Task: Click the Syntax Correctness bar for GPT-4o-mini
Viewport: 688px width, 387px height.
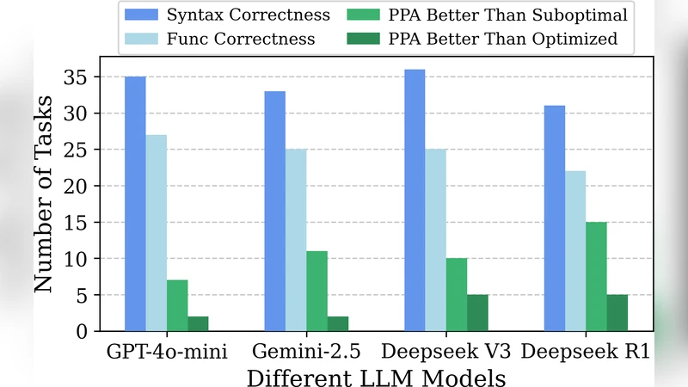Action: click(x=135, y=204)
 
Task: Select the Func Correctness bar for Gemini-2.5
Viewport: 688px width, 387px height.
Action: click(x=295, y=240)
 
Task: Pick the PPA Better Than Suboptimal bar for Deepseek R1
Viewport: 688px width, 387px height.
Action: click(x=596, y=276)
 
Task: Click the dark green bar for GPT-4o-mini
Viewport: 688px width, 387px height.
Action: click(x=198, y=323)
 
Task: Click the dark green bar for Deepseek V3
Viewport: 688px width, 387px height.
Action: click(x=477, y=313)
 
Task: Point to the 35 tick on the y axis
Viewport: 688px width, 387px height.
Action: click(x=78, y=77)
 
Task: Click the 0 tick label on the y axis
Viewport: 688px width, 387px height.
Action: click(x=83, y=331)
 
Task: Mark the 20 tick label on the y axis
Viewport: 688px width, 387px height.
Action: click(x=78, y=186)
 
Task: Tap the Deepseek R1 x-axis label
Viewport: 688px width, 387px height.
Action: click(x=586, y=353)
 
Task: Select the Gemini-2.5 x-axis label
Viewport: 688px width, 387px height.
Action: click(x=306, y=353)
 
